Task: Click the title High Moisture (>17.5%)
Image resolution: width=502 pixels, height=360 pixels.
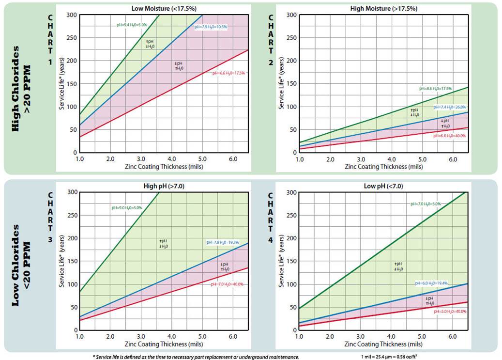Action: point(384,8)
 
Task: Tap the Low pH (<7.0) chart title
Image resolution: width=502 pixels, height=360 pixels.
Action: point(383,186)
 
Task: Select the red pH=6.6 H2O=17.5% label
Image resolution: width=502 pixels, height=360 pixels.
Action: point(228,73)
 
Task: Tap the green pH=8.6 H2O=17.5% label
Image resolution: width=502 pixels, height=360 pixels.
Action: point(436,89)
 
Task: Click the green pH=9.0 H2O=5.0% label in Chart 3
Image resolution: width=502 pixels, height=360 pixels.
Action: point(127,208)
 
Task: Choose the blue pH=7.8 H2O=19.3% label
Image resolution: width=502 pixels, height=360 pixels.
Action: point(223,242)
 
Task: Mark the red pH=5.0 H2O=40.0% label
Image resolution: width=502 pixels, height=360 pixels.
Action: point(450,312)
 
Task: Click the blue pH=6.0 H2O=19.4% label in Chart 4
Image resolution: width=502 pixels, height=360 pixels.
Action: point(431,283)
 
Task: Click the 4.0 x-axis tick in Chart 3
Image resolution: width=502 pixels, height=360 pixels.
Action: point(171,336)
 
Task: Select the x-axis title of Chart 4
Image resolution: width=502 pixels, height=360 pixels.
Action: point(383,344)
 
